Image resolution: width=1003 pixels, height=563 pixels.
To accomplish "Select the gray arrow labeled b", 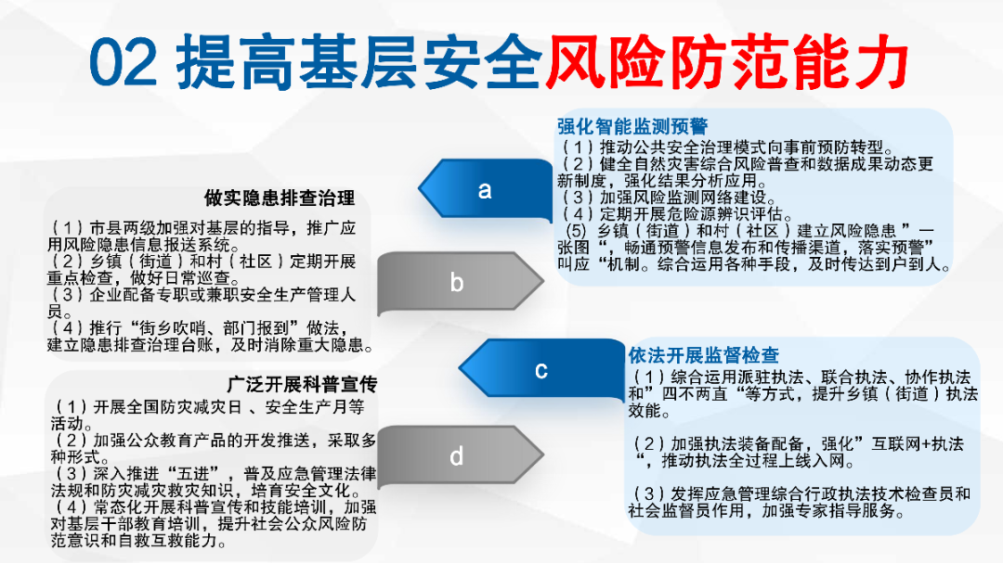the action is tap(460, 283).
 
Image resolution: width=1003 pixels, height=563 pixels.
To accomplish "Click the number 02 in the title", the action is tap(123, 62).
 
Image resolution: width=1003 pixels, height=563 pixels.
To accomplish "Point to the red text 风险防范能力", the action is tap(726, 62).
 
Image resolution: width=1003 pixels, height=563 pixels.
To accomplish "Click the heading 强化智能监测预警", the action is tap(632, 126).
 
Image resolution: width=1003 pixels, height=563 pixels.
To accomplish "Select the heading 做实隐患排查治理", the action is tap(280, 198).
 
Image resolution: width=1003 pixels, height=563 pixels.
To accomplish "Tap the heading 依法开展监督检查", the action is tap(703, 355).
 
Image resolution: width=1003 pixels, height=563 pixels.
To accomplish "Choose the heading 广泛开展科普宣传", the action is tap(302, 384).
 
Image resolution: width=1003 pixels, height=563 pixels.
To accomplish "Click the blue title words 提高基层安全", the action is tap(359, 62).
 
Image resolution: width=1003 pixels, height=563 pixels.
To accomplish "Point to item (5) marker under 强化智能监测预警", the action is tap(577, 231).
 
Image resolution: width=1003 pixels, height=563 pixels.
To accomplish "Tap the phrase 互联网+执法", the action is tap(918, 444).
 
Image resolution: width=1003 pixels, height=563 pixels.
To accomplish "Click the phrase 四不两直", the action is tap(695, 394).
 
